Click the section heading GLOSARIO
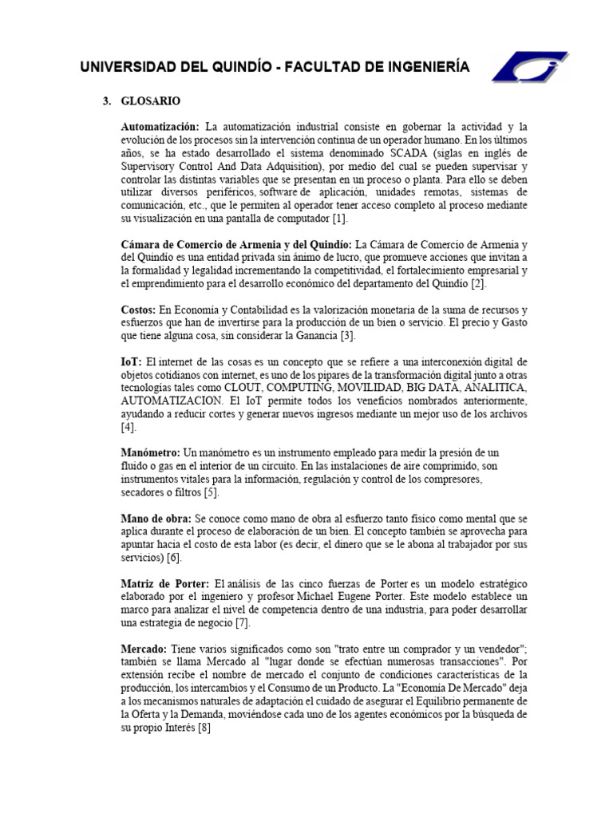[151, 101]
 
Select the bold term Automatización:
[160, 127]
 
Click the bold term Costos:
[139, 309]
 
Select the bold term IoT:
[131, 361]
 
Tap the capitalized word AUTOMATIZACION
[170, 401]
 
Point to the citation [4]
[129, 427]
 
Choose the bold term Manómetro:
[151, 452]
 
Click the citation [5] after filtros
[211, 492]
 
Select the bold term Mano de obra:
[156, 519]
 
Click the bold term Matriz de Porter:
[165, 584]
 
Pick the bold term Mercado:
[144, 649]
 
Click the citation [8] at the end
[203, 728]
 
